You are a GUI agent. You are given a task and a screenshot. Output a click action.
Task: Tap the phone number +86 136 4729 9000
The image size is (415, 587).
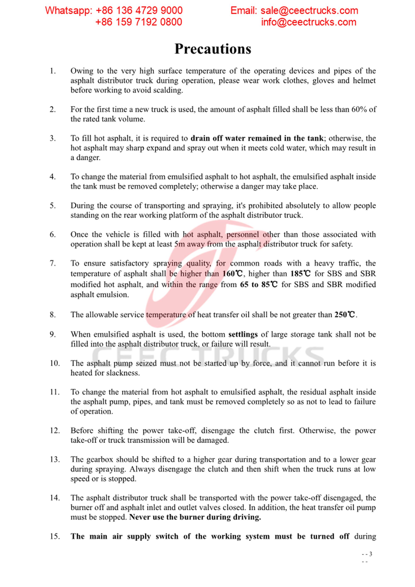click(139, 11)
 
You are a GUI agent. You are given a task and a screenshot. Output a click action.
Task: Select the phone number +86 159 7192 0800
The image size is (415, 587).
click(139, 22)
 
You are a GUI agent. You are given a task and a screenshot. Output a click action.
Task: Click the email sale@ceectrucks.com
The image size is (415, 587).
click(309, 11)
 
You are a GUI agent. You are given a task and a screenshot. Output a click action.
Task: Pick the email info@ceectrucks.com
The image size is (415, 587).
click(309, 22)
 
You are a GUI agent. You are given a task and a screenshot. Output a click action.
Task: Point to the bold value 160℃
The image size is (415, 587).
click(232, 274)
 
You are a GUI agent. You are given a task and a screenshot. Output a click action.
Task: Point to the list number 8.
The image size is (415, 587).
click(52, 315)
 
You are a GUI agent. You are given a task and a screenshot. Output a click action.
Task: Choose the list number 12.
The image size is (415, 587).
click(55, 431)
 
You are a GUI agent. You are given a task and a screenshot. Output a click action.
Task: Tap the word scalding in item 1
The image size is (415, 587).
click(168, 90)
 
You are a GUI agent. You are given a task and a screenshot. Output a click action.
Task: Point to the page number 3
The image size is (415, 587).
click(371, 554)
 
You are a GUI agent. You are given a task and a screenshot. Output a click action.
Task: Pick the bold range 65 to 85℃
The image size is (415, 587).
click(259, 285)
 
